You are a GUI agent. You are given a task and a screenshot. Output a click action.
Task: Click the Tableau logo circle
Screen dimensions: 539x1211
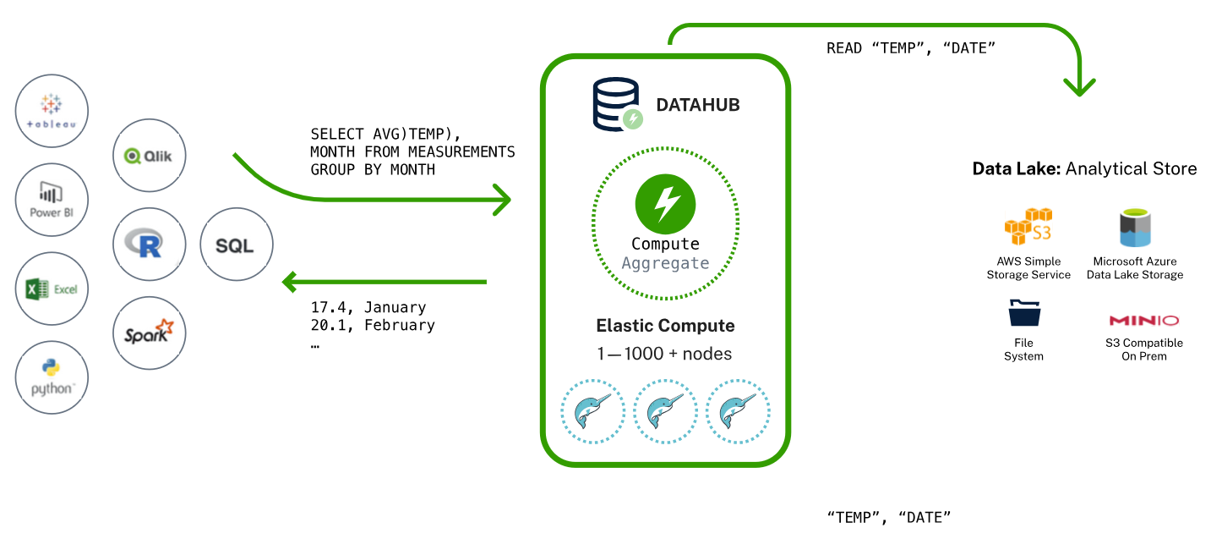(x=52, y=112)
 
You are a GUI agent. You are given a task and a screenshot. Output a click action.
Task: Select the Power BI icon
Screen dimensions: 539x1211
(x=52, y=201)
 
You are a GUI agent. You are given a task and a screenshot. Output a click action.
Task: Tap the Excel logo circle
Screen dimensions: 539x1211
(x=52, y=289)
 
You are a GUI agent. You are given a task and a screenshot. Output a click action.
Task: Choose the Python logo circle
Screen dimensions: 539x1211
(x=52, y=377)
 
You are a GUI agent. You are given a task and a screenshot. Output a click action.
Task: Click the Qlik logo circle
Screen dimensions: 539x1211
(x=150, y=156)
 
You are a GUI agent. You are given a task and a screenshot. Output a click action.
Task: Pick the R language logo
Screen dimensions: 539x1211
(x=150, y=245)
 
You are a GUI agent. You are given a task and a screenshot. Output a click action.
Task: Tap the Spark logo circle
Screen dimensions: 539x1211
(x=150, y=333)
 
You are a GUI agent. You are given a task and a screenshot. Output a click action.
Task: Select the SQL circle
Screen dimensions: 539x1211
(x=237, y=245)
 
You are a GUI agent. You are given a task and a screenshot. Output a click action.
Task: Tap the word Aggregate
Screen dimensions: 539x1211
(x=665, y=263)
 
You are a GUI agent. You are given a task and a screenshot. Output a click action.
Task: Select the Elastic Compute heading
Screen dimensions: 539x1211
(x=665, y=326)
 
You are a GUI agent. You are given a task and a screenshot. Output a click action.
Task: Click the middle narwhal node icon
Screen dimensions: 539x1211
(x=665, y=411)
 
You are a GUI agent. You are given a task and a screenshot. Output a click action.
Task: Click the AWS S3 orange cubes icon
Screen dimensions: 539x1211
(x=1028, y=227)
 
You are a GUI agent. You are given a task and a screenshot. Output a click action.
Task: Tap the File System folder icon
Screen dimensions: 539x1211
(x=1023, y=314)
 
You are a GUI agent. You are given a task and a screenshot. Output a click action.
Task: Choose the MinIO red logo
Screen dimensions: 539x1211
(x=1143, y=321)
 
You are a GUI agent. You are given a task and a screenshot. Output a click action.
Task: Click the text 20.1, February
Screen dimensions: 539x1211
(x=373, y=326)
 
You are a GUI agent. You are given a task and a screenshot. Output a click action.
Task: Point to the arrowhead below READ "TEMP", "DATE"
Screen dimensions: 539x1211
(x=1079, y=86)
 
